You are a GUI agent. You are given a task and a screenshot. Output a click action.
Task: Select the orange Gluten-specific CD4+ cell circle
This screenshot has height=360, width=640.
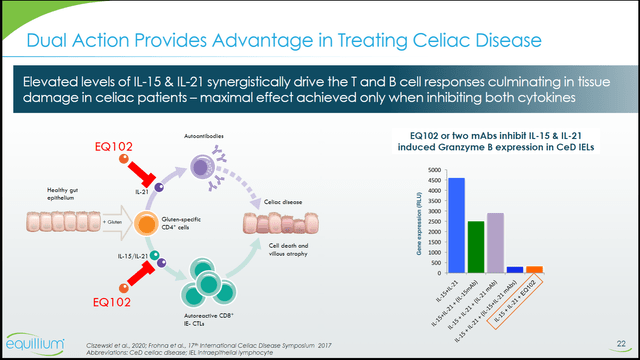pos(147,221)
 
